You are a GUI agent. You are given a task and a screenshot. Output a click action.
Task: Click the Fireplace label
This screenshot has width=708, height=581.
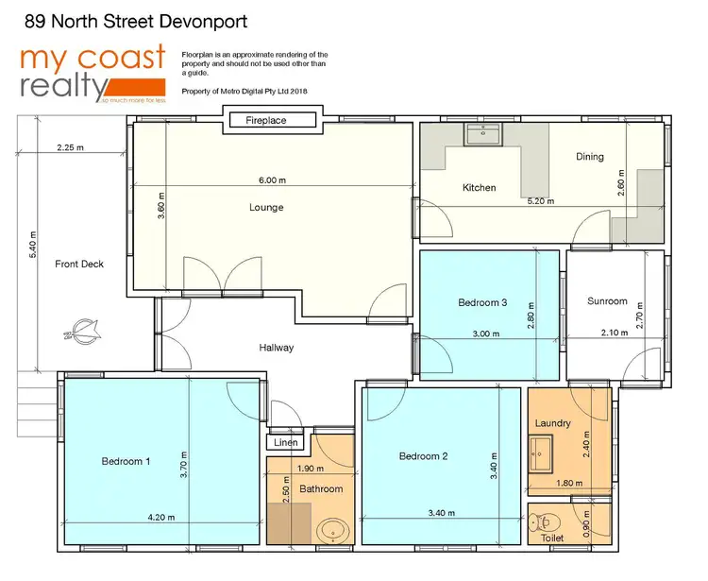tap(266, 121)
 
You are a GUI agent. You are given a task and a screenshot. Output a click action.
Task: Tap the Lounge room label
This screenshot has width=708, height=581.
tap(266, 207)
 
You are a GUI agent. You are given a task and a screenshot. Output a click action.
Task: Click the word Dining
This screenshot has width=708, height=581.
tap(590, 157)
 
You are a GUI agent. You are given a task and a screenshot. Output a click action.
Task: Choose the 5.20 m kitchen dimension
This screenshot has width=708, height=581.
tap(541, 201)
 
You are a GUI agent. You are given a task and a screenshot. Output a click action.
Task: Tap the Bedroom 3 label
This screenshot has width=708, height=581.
tap(483, 302)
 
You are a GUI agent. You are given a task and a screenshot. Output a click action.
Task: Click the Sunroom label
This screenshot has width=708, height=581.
tap(607, 301)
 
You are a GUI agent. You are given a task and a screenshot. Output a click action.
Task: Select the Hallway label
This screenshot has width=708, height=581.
tap(277, 348)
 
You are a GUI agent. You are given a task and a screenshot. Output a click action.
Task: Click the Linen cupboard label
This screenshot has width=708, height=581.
tap(284, 442)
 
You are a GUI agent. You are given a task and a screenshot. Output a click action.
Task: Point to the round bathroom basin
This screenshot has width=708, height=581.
tap(332, 530)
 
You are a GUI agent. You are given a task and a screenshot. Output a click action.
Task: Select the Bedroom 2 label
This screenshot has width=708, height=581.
tap(423, 456)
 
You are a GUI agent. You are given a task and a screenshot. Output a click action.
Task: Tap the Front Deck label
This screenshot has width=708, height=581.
tap(79, 264)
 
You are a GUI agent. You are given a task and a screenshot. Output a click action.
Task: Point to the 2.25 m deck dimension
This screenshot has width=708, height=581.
tap(70, 148)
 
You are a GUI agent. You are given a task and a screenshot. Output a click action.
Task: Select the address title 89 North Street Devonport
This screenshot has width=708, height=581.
tap(138, 19)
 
